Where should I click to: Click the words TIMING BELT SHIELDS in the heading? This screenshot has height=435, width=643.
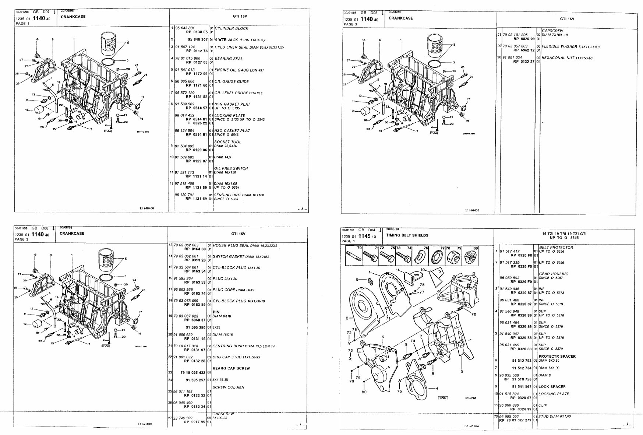tap(407, 235)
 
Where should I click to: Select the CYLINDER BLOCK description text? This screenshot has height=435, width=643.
tap(232, 28)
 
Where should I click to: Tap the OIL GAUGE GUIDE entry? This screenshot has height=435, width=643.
tap(232, 82)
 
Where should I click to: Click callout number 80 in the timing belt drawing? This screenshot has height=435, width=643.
tap(364, 392)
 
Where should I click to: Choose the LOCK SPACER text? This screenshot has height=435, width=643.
tap(552, 386)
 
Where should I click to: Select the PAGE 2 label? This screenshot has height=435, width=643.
tap(22, 239)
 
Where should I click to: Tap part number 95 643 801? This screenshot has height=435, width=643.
tap(185, 28)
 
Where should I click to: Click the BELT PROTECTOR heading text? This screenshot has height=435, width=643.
tap(556, 248)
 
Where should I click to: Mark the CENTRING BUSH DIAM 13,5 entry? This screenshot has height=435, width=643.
tap(243, 346)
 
